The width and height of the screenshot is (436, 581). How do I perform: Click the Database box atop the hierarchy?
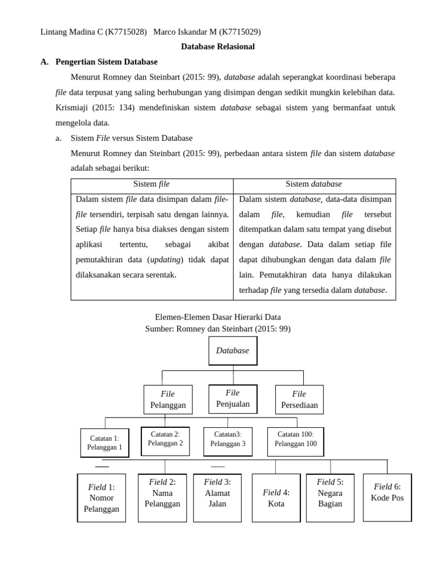click(x=233, y=351)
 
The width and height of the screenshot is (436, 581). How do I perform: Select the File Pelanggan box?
click(x=168, y=400)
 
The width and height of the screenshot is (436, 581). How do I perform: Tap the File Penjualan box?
click(x=233, y=399)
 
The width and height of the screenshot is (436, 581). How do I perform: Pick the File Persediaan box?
click(x=299, y=400)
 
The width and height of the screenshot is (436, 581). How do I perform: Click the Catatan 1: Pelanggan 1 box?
click(x=104, y=443)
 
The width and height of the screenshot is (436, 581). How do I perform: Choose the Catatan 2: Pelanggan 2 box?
click(x=165, y=441)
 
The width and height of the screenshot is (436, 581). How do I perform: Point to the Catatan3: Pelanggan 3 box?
click(x=228, y=441)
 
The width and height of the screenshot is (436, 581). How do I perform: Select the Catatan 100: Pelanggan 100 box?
click(x=296, y=441)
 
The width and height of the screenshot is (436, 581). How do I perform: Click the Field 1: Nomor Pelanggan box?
click(x=102, y=498)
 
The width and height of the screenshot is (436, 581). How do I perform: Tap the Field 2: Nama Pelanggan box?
click(x=162, y=497)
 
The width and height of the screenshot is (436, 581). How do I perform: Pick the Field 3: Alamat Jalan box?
click(x=217, y=497)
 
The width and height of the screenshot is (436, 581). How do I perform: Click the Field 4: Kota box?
click(x=276, y=498)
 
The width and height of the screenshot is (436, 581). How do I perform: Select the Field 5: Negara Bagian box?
click(x=330, y=497)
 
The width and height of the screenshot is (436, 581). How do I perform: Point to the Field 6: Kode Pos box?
click(x=387, y=497)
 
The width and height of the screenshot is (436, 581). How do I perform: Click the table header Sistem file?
click(x=152, y=184)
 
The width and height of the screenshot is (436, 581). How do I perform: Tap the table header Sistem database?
click(x=314, y=184)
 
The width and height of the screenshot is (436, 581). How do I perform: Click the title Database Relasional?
click(x=218, y=47)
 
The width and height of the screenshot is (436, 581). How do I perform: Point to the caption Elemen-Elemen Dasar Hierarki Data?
click(x=218, y=317)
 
